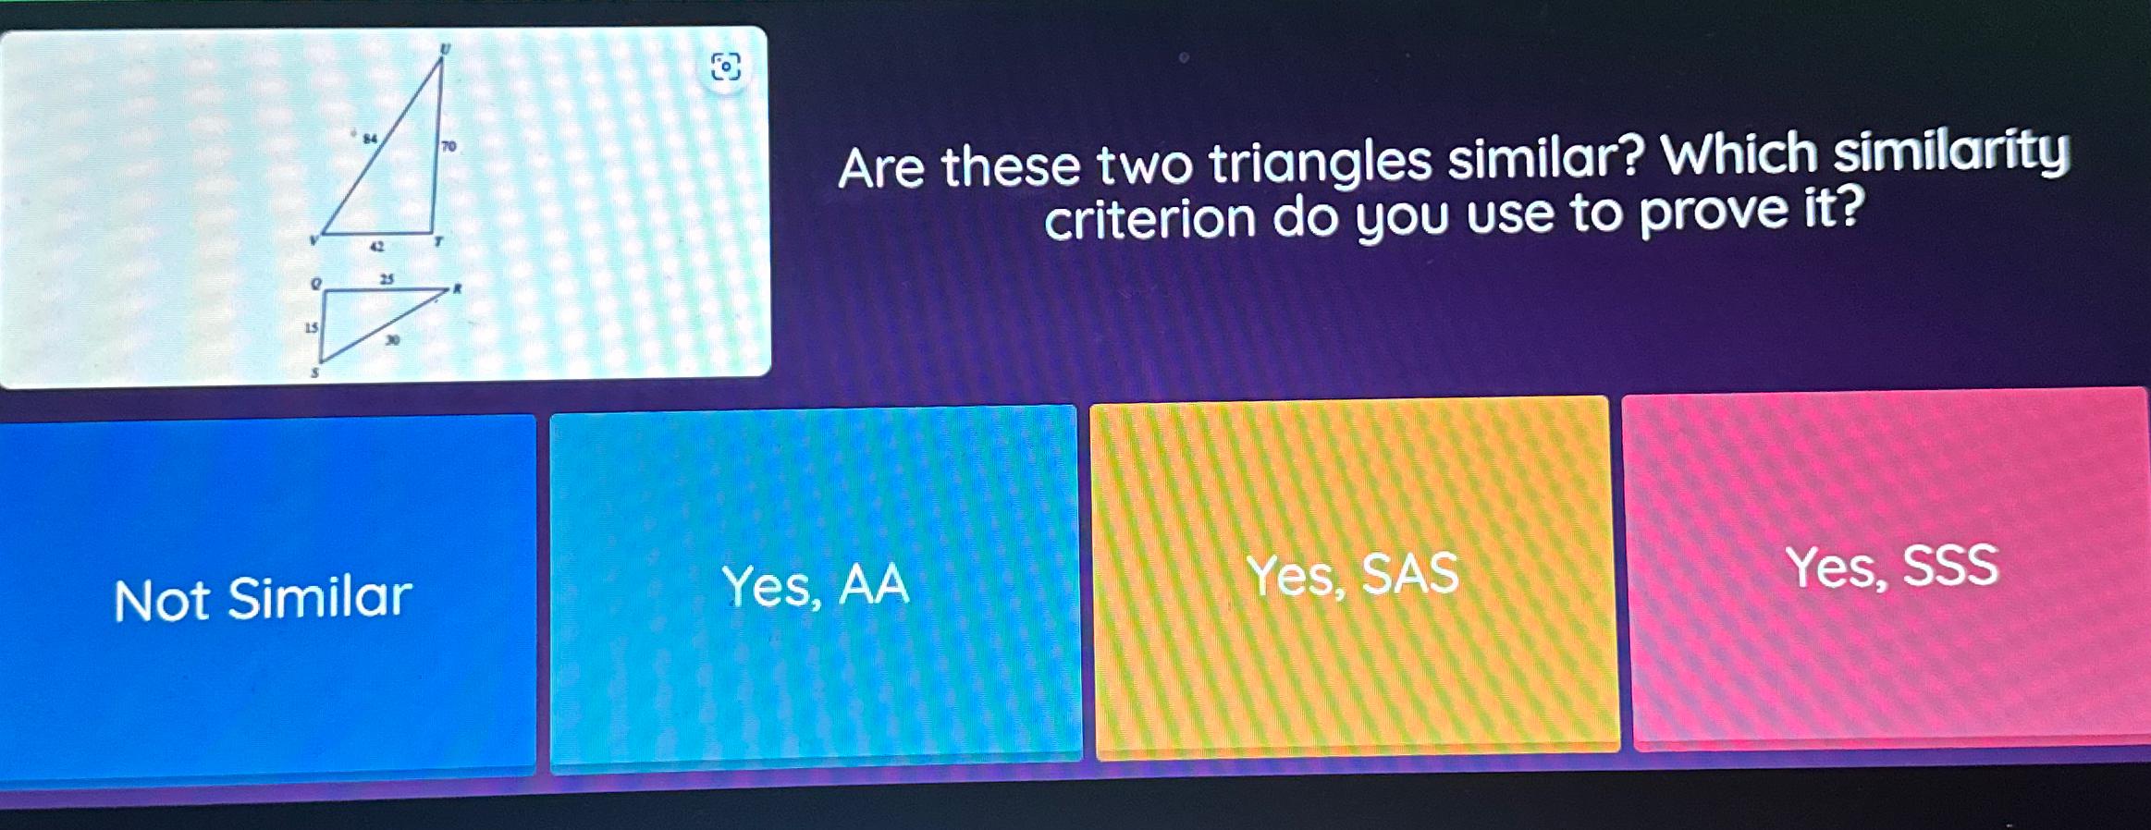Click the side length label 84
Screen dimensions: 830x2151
coord(370,139)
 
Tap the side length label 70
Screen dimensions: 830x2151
coord(449,146)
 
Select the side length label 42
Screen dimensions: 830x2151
coord(376,247)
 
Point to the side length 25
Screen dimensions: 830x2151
coord(387,278)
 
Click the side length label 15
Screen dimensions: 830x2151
coord(312,327)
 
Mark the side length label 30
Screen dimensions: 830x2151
coord(393,340)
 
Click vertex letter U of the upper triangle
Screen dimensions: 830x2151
coord(445,49)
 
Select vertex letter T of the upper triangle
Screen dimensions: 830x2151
coord(439,241)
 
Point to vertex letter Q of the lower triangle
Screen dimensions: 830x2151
coord(316,283)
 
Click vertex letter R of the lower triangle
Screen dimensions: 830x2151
coord(457,288)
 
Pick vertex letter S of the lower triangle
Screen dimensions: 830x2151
coord(314,372)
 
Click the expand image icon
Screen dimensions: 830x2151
coord(725,67)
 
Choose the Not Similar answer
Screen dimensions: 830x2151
coord(264,598)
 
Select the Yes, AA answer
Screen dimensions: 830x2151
coord(815,586)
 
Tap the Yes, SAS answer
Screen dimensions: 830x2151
coord(1352,575)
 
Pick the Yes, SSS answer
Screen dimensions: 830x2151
coord(1891,566)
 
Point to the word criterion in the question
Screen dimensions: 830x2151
coord(1149,220)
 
